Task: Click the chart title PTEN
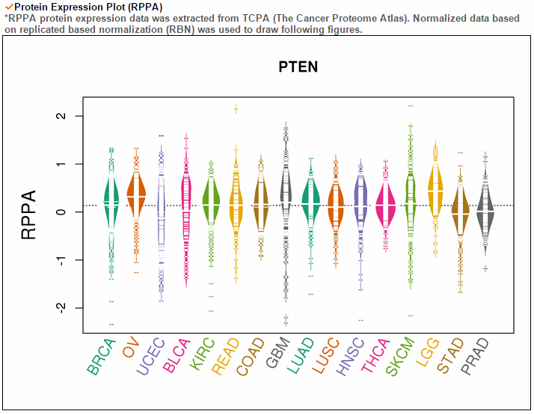pos(298,67)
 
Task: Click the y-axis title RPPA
pos(28,214)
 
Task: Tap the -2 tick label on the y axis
pos(61,307)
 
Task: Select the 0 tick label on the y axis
pos(61,212)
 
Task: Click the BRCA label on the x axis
pos(102,357)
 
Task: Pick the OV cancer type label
pos(131,347)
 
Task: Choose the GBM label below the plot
pos(278,353)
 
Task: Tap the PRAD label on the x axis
pos(475,357)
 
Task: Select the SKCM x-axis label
pos(400,357)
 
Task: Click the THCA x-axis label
pos(375,356)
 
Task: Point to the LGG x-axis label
pos(427,353)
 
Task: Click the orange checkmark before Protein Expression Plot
pos(9,7)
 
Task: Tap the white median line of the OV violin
pos(136,197)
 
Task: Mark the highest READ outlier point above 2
pos(236,110)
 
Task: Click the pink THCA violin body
pos(386,206)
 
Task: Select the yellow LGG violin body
pos(435,191)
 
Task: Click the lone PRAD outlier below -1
pos(485,269)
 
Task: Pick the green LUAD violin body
pos(310,203)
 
